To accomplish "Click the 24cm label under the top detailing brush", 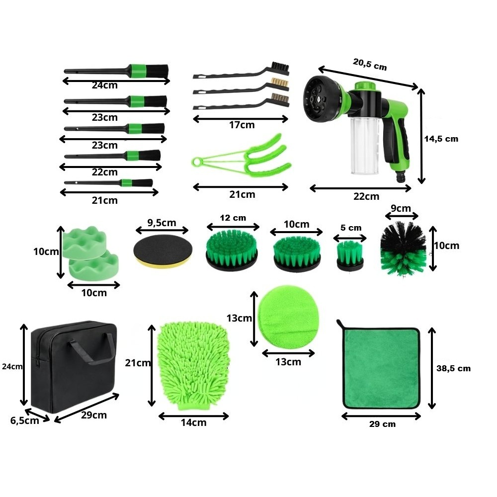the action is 104,85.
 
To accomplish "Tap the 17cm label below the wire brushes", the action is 242,125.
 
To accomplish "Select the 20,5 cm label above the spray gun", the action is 370,64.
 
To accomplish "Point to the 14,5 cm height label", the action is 441,139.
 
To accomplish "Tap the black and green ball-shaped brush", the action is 403,249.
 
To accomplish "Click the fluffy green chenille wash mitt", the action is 193,365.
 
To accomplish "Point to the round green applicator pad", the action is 287,317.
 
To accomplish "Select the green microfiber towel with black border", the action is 380,366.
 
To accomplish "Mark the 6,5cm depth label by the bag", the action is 25,420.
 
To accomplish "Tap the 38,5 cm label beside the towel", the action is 454,368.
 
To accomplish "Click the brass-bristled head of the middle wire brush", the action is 280,83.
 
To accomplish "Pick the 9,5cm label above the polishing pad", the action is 162,223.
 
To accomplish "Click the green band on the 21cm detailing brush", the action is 126,183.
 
